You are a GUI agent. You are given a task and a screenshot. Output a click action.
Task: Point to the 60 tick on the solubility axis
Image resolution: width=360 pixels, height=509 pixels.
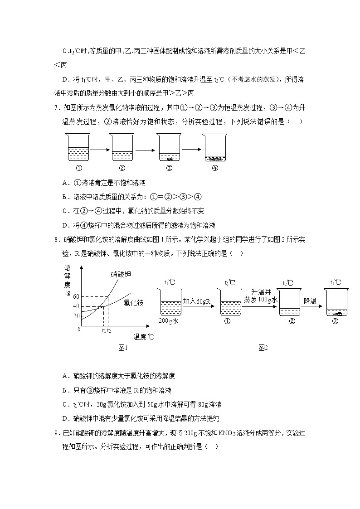click(x=76, y=296)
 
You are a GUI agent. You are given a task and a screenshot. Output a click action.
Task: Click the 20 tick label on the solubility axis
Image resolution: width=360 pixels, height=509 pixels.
click(x=76, y=316)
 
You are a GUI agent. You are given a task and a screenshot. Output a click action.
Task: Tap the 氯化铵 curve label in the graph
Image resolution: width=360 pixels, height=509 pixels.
click(x=134, y=303)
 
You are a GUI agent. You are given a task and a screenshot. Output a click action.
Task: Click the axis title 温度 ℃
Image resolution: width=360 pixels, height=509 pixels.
click(x=144, y=337)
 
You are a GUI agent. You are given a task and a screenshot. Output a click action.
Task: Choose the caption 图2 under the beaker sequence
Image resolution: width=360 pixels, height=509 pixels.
click(x=263, y=348)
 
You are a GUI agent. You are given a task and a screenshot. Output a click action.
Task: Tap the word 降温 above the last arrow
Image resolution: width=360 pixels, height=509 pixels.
click(x=310, y=301)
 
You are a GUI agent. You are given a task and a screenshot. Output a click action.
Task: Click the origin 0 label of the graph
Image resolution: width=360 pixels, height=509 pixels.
click(x=78, y=329)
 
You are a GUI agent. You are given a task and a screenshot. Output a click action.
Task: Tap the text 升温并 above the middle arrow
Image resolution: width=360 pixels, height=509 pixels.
click(x=260, y=291)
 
